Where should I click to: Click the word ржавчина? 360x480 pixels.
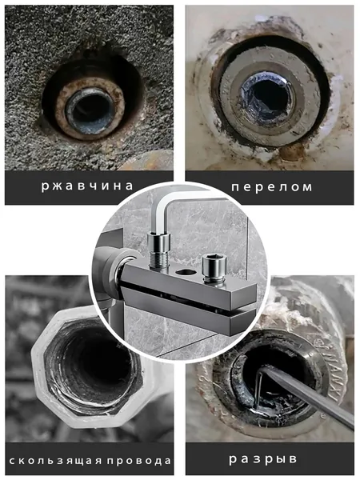pos(87,186)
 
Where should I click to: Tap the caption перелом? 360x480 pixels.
pos(272,186)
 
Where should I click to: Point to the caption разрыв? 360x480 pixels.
pos(263,459)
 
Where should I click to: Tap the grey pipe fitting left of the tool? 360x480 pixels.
pos(114,270)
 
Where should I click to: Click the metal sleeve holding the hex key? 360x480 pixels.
pos(158,242)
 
